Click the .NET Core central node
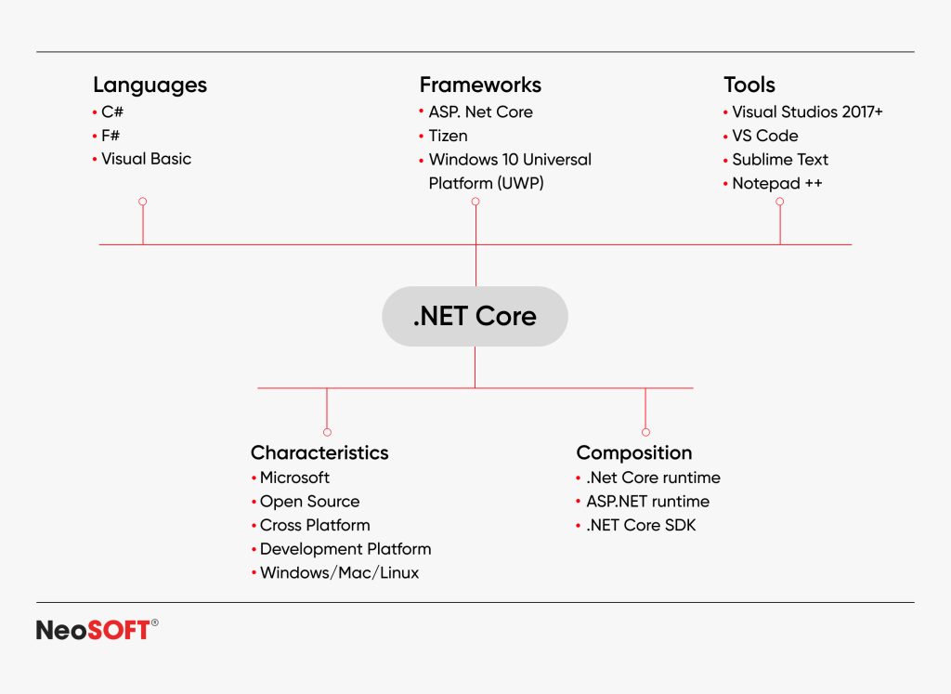tap(475, 316)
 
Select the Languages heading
tap(150, 85)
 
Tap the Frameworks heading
tap(480, 85)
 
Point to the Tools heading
tap(749, 85)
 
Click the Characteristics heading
tap(319, 453)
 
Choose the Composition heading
tap(633, 453)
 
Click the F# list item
tap(111, 135)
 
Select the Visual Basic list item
tap(146, 159)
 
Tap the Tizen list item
tap(448, 136)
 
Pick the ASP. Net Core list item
tap(480, 111)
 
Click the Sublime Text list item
tap(780, 160)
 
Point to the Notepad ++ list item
tap(777, 183)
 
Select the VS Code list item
tap(764, 136)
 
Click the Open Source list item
tap(309, 502)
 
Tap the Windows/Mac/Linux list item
tap(339, 573)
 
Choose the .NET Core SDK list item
tap(641, 526)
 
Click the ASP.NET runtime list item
tap(647, 502)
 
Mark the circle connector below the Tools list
tap(780, 201)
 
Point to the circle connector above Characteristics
tap(327, 432)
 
